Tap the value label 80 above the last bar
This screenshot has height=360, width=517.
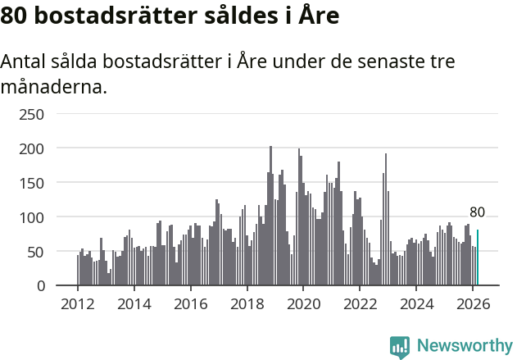(477, 212)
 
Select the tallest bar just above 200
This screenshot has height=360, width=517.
(270, 216)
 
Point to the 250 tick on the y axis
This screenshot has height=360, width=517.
(31, 114)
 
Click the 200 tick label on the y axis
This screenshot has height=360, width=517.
(31, 148)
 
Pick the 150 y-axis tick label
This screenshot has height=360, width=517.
(31, 183)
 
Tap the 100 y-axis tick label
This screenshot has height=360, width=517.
(31, 217)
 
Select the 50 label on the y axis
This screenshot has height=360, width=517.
(35, 252)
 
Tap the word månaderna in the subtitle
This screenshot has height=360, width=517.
(53, 86)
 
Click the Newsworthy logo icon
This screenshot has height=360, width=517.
(400, 348)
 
